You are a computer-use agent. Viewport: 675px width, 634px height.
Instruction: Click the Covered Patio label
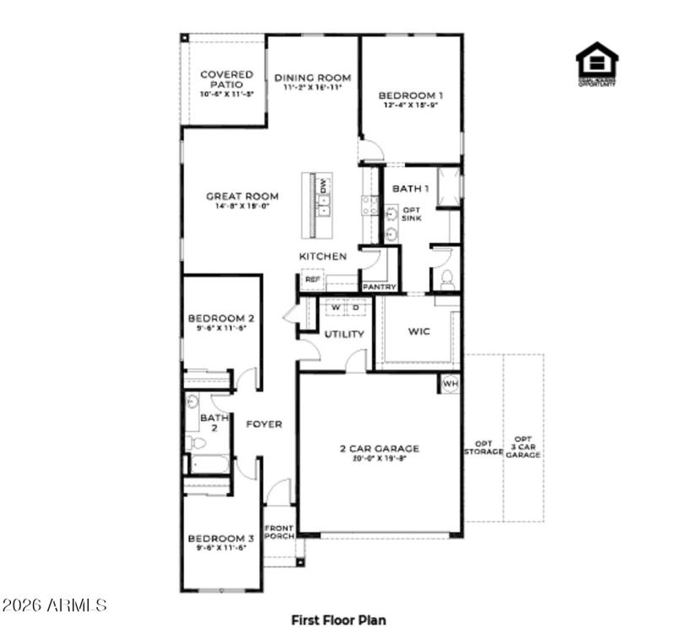(227, 80)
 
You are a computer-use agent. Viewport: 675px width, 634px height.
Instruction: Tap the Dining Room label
(312, 78)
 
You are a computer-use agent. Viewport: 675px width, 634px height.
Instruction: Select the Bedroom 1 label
(411, 95)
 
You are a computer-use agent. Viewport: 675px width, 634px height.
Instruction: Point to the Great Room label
(242, 196)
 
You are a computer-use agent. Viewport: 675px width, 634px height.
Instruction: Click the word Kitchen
(322, 255)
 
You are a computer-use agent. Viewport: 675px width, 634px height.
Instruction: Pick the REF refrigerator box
(312, 279)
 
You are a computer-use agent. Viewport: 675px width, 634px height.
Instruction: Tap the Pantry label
(380, 287)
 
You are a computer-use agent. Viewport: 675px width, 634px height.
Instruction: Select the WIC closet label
(418, 331)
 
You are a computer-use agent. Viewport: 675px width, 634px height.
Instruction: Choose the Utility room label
(344, 335)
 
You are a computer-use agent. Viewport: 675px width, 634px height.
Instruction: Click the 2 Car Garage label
(380, 449)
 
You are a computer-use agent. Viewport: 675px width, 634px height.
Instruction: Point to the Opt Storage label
(483, 447)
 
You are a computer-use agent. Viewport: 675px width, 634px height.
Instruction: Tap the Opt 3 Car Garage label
(524, 447)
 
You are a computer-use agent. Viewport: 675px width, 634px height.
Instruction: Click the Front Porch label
(279, 534)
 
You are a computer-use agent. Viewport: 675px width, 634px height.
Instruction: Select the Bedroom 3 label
(221, 539)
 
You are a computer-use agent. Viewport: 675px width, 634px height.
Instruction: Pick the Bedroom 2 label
(221, 319)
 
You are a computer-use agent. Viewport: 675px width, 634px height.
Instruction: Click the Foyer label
(263, 424)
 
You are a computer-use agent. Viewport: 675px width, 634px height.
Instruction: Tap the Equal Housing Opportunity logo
(597, 63)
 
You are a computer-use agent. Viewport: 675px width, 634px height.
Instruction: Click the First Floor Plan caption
(338, 620)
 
